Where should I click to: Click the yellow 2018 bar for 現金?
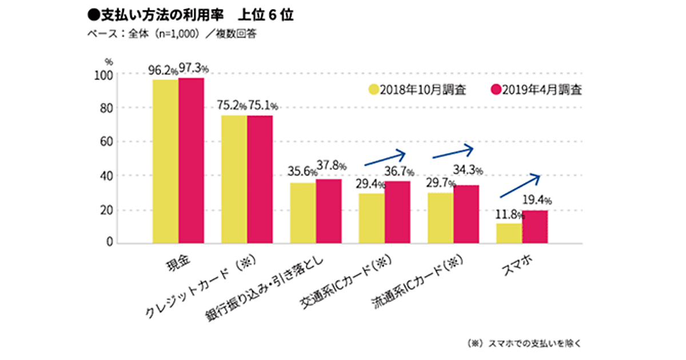coord(165,161)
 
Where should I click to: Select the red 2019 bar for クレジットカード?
coord(260,179)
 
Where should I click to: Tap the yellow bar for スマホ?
coord(509,233)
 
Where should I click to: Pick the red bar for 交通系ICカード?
coord(397,212)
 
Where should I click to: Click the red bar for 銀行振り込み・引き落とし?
coord(329,211)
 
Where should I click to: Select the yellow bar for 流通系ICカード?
coord(440,218)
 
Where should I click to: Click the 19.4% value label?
coord(537,201)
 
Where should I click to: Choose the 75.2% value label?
coord(232,106)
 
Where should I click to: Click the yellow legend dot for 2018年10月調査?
coord(374,90)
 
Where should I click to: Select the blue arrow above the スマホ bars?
coord(520,186)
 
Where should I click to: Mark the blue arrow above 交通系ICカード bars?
coord(384,159)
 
